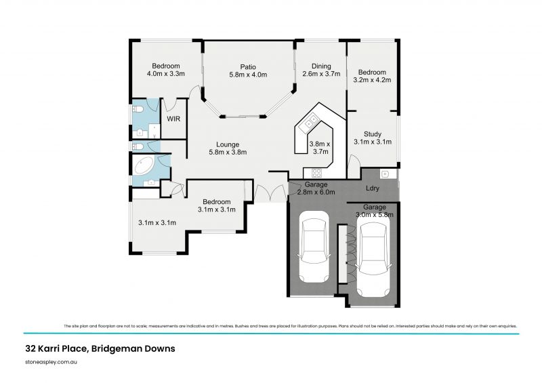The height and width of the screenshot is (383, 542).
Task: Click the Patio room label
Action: click(x=247, y=66)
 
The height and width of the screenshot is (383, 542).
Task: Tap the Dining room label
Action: click(x=321, y=66)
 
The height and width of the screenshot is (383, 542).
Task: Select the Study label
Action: click(x=373, y=134)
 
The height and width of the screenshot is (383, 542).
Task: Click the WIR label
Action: click(x=173, y=119)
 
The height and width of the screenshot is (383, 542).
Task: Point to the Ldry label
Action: click(x=372, y=188)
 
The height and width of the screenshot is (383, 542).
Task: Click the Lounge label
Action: click(x=227, y=144)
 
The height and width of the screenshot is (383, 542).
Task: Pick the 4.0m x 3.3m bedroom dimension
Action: click(x=166, y=74)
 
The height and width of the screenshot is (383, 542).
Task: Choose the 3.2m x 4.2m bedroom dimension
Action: click(x=372, y=80)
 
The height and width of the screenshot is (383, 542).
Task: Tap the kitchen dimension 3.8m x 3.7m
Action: click(x=319, y=148)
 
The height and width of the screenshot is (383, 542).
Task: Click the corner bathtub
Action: click(x=144, y=166)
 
